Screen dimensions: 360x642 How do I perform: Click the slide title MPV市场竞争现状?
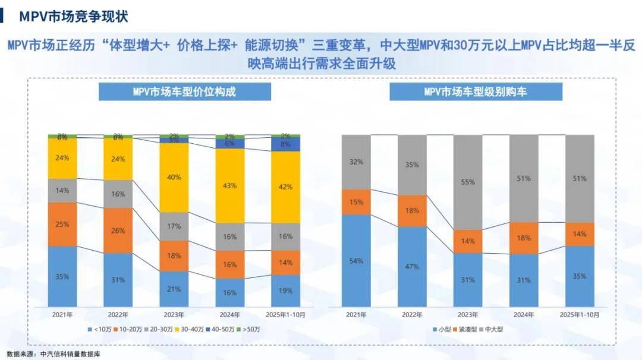[73, 16]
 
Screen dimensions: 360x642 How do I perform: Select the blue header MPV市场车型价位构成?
[184, 91]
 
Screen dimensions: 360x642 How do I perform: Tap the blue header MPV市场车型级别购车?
[476, 91]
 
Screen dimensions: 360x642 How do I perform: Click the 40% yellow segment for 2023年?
[174, 177]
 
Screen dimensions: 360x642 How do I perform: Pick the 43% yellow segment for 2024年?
[229, 185]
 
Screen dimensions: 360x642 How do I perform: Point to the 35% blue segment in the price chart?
[62, 276]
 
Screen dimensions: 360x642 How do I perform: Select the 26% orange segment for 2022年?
[118, 230]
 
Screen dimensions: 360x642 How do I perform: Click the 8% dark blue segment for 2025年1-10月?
[285, 144]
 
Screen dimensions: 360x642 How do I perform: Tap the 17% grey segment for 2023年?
[174, 226]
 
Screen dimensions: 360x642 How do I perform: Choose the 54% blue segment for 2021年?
[356, 261]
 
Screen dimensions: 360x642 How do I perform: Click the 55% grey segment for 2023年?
[468, 182]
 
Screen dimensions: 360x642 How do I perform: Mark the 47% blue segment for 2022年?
[412, 267]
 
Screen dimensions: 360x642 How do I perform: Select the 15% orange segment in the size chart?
[356, 202]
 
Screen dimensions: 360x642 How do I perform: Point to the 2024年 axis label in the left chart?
[229, 314]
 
